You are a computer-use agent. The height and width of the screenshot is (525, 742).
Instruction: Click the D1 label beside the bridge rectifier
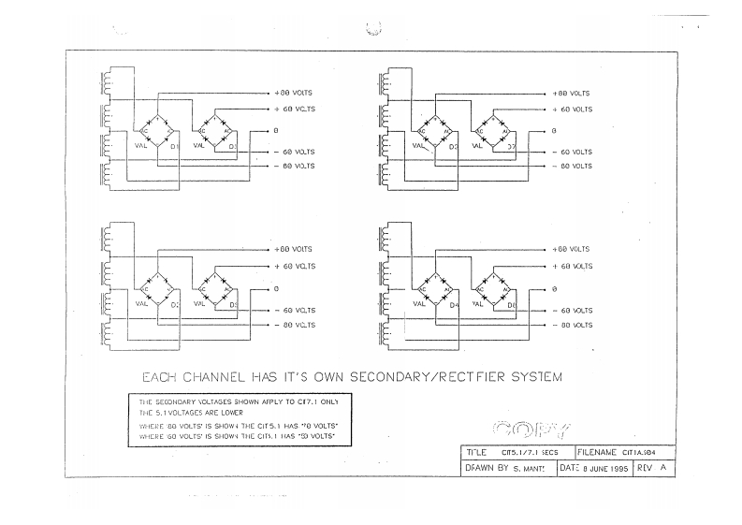[x=174, y=147]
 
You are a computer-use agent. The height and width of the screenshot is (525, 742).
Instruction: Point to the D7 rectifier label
[x=511, y=148]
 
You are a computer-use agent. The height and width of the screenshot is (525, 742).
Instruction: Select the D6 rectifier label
[x=511, y=305]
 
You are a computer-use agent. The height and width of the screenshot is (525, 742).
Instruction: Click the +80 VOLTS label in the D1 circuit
[x=294, y=94]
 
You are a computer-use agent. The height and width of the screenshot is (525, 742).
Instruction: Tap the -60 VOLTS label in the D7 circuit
[x=571, y=152]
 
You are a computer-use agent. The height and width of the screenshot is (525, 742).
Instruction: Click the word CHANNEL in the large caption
[x=220, y=378]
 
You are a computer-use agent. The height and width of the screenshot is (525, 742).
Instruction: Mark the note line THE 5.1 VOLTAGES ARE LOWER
[x=192, y=413]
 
